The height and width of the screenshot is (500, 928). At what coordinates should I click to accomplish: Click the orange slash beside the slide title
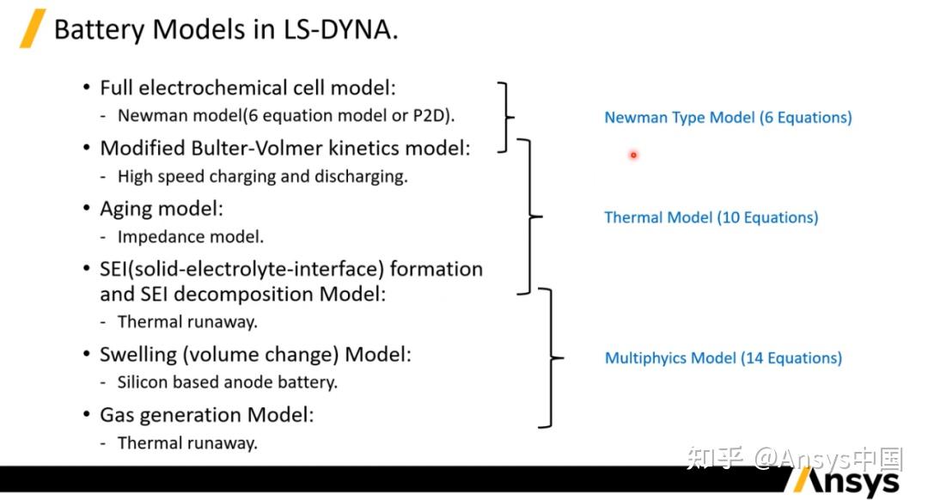pyautogui.click(x=33, y=29)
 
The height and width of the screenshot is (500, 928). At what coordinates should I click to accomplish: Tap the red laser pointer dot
pyautogui.click(x=633, y=155)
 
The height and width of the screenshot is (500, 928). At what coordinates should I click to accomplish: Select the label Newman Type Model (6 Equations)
pyautogui.click(x=728, y=118)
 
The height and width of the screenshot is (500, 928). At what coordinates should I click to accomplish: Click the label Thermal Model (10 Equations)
pyautogui.click(x=711, y=217)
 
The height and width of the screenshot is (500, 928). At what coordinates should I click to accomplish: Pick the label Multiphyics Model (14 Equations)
pyautogui.click(x=723, y=358)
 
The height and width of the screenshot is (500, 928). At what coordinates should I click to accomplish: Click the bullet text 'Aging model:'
pyautogui.click(x=162, y=209)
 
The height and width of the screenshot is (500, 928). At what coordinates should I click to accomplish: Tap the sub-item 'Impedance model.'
pyautogui.click(x=190, y=236)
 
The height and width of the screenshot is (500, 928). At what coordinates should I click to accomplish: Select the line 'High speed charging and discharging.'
pyautogui.click(x=262, y=177)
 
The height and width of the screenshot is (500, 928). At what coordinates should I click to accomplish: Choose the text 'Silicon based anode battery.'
pyautogui.click(x=227, y=382)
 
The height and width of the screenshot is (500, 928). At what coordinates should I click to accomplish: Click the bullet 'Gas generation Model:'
pyautogui.click(x=206, y=415)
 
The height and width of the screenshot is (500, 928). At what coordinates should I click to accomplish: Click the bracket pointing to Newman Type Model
pyautogui.click(x=508, y=117)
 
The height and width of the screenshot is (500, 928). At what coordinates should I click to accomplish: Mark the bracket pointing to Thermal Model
pyautogui.click(x=533, y=216)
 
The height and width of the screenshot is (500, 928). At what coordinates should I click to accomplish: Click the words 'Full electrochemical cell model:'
pyautogui.click(x=247, y=88)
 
